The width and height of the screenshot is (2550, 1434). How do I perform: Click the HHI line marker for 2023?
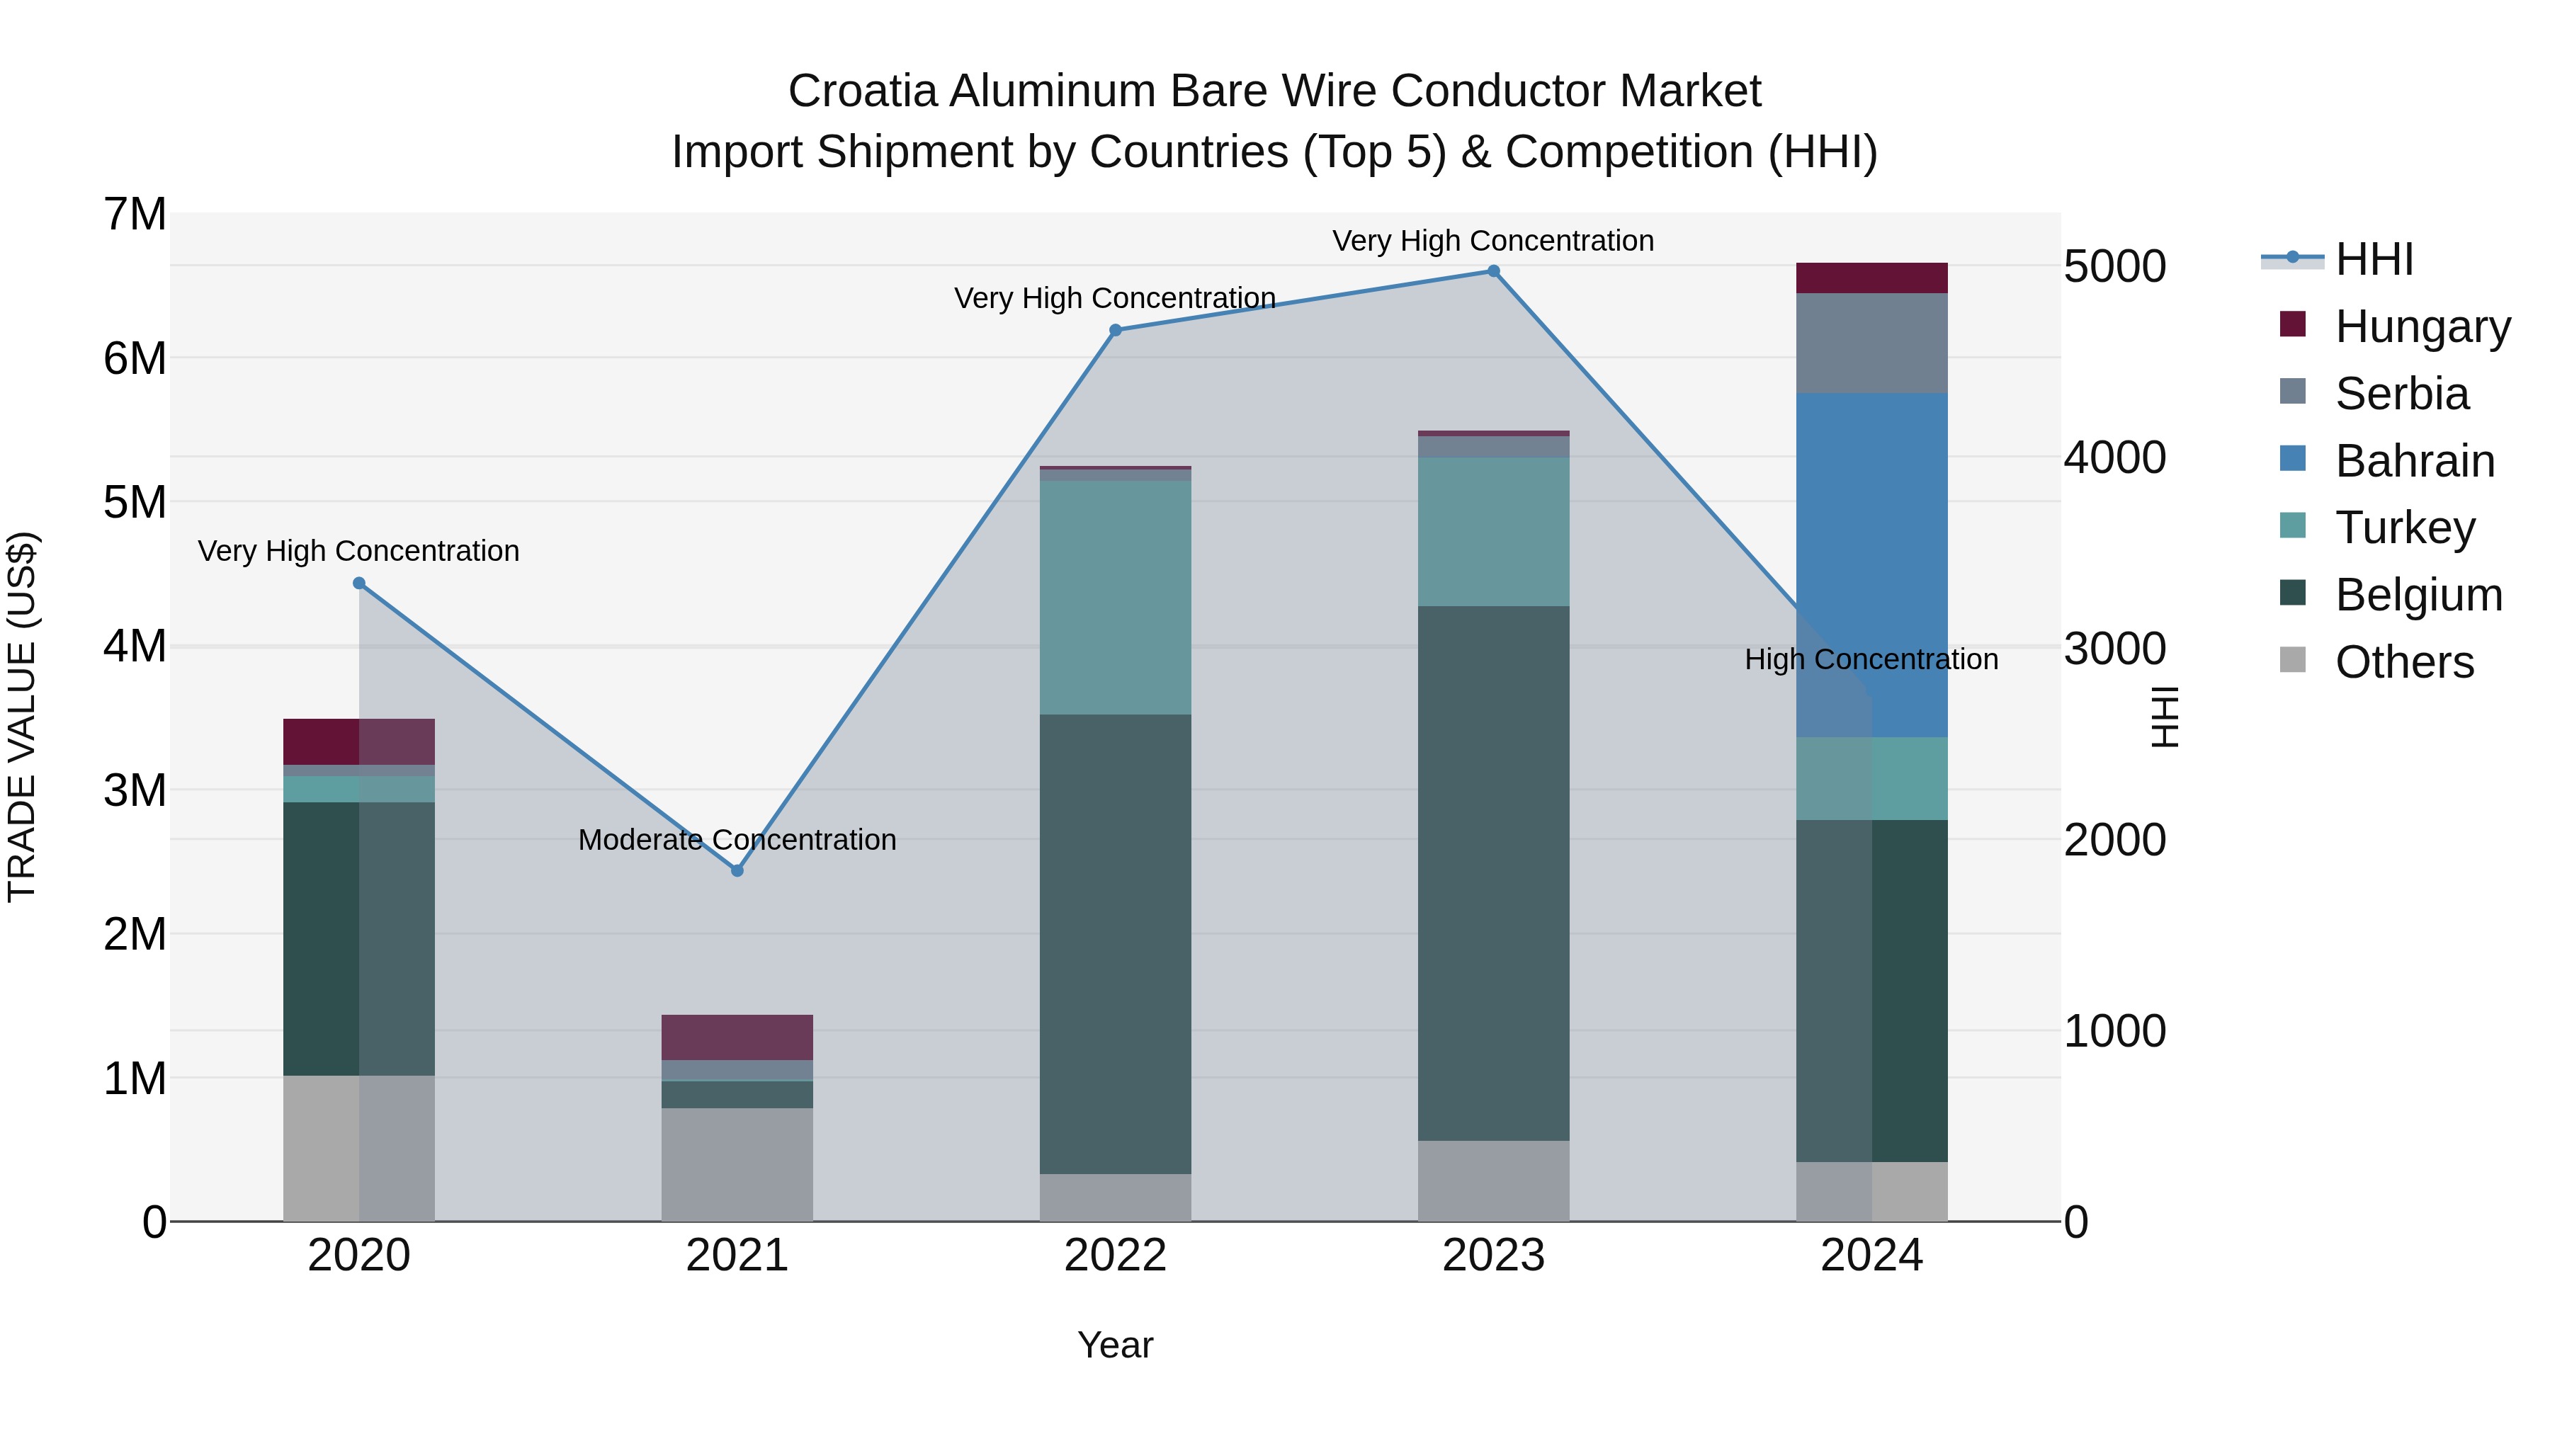coord(1494,271)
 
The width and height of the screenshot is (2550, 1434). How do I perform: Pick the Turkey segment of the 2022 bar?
coord(1115,597)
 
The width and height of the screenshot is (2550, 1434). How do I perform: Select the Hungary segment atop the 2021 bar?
coord(737,1037)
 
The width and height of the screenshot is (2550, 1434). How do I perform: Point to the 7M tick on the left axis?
coord(135,215)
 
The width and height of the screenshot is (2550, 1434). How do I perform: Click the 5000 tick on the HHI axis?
coord(2114,267)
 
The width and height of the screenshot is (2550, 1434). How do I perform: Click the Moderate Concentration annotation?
coord(737,840)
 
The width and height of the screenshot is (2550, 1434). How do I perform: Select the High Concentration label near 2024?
coord(1870,660)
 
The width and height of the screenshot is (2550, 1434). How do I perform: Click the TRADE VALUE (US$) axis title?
coord(22,717)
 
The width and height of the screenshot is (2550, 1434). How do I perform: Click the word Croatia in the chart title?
coord(861,92)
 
